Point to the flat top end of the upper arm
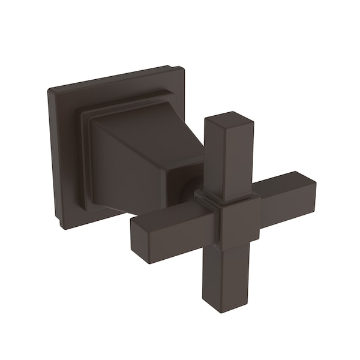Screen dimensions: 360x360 (229, 118)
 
